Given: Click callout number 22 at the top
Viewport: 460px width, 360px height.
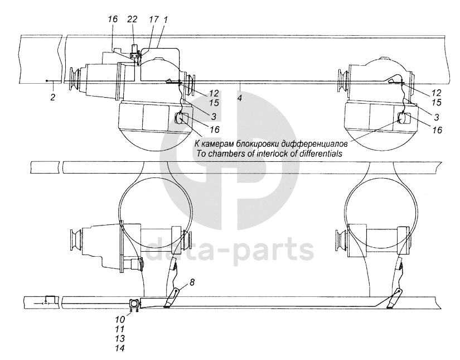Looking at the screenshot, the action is (x=132, y=20).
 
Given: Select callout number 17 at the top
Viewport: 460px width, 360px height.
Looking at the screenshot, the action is (x=153, y=20).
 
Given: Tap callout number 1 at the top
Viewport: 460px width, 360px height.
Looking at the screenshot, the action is (x=166, y=20).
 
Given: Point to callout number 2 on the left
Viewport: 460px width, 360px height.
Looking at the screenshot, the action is (x=53, y=97).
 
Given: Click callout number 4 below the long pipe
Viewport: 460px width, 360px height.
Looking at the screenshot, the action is (x=240, y=98).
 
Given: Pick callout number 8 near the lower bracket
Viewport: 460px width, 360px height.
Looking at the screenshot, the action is (x=192, y=282).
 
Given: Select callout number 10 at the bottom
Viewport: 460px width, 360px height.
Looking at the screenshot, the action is (x=120, y=319).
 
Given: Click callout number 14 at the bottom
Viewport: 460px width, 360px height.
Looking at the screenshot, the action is (x=120, y=348).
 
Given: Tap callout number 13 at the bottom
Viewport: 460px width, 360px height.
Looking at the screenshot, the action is (x=120, y=339).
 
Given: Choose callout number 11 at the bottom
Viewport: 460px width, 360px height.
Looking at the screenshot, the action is (x=120, y=329).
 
